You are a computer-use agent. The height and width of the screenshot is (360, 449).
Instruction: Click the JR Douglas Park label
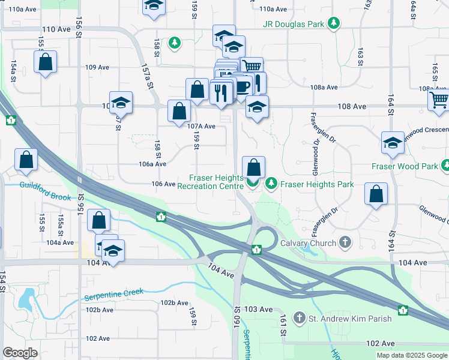(292, 24)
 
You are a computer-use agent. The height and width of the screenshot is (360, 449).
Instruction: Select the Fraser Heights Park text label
(317, 184)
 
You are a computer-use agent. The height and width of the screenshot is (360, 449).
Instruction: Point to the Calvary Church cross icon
(345, 243)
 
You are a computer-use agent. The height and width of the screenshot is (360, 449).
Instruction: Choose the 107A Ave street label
(200, 126)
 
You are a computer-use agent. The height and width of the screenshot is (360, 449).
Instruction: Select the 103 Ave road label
(259, 308)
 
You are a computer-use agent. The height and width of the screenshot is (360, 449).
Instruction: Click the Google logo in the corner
(20, 353)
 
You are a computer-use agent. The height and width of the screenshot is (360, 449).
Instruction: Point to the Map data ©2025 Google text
(411, 355)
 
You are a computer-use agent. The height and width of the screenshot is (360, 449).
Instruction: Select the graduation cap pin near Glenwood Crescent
(393, 143)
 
